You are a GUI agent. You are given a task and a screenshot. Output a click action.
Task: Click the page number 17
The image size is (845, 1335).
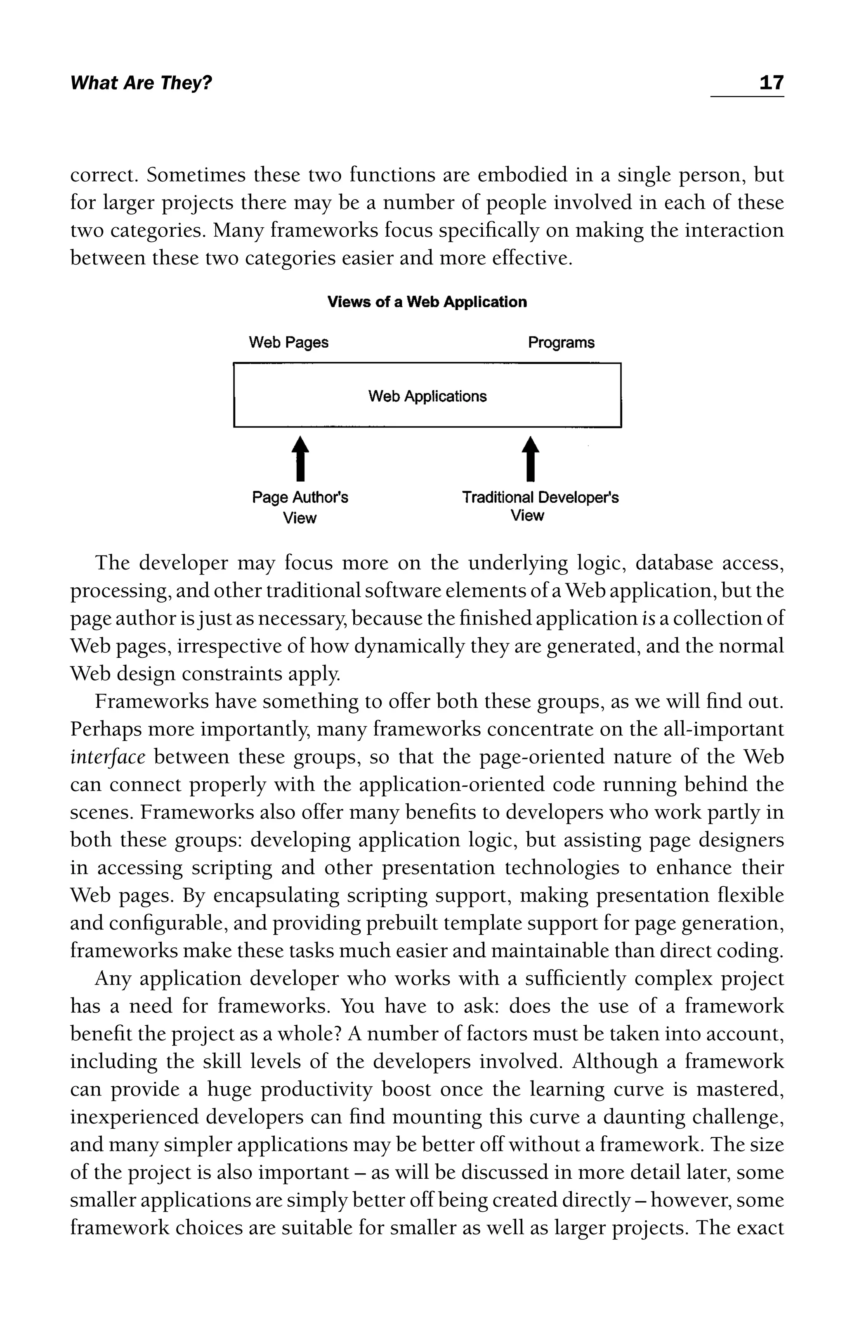point(771,83)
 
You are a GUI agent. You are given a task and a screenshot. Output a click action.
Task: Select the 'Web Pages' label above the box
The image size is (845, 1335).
point(288,343)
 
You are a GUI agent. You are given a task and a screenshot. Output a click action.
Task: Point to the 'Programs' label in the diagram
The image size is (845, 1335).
point(561,343)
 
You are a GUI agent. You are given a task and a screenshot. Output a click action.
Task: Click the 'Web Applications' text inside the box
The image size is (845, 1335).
point(427,396)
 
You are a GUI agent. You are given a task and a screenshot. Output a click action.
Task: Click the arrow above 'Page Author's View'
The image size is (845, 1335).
point(300,459)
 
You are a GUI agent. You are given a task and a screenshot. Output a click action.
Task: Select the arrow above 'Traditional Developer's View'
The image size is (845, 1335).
point(531,459)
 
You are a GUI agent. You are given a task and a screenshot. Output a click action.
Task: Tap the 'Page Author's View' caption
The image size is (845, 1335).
point(300,507)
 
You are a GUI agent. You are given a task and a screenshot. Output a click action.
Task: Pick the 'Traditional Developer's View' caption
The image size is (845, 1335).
point(540,506)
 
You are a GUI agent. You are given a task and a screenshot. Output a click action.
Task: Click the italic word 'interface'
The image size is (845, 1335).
point(108,757)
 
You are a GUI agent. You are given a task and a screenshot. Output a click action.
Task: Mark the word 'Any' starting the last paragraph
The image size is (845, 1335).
point(113,979)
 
